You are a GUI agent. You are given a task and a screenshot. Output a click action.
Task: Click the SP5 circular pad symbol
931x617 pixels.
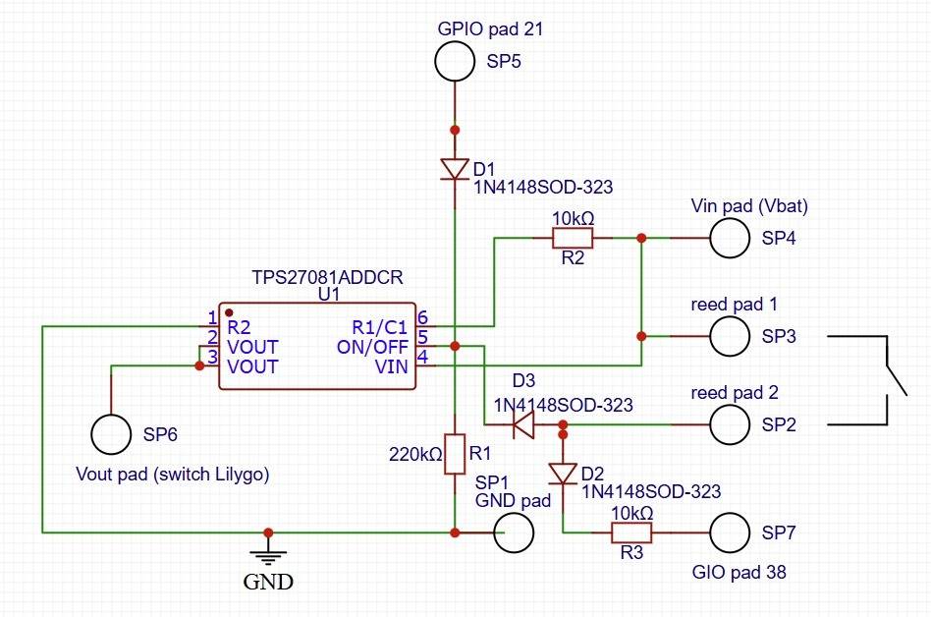tap(454, 63)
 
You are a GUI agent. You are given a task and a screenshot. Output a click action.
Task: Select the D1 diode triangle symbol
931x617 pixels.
tap(454, 169)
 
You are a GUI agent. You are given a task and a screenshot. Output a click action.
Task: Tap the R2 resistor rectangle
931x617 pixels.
tap(572, 238)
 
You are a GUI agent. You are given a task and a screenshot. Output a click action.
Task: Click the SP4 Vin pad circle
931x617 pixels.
tap(729, 238)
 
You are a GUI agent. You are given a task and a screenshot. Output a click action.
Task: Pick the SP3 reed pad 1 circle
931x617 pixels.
tap(729, 336)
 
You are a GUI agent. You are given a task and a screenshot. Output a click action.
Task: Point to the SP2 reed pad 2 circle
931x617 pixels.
tap(729, 425)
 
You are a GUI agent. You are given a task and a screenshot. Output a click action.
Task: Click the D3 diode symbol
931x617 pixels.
tap(523, 425)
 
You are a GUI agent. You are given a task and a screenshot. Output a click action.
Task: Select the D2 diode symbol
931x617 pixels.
tap(563, 474)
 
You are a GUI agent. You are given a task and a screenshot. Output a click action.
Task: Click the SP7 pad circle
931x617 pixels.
tap(729, 533)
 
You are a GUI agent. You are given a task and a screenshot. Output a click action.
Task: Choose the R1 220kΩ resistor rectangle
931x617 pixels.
tap(454, 454)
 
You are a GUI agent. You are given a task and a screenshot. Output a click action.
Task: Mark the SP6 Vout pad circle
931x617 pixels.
tap(110, 432)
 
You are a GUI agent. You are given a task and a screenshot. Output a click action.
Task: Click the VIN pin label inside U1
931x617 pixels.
tap(392, 366)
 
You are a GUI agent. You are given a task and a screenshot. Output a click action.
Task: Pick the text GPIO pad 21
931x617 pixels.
tap(490, 29)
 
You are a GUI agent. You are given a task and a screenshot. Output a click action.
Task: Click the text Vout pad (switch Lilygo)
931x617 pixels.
tap(172, 474)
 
